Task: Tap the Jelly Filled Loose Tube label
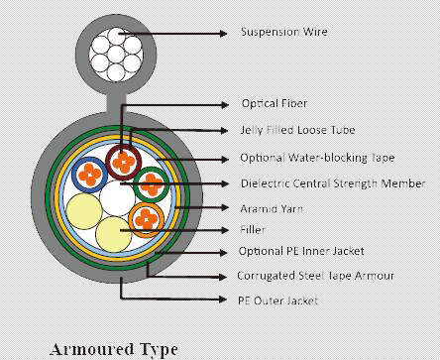click(296, 130)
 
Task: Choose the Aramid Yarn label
click(272, 209)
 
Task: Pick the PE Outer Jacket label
click(276, 300)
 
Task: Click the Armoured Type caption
click(114, 349)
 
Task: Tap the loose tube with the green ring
click(152, 182)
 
